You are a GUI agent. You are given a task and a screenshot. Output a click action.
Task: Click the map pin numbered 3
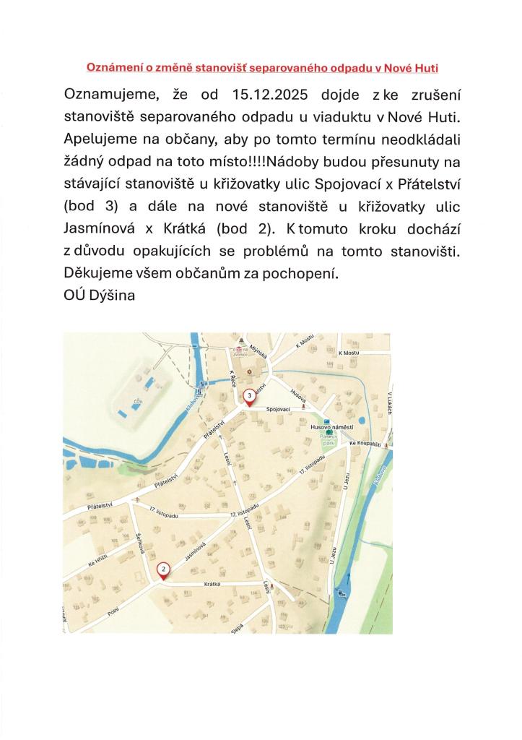[249, 396]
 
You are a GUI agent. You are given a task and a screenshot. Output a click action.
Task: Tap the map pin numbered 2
[164, 569]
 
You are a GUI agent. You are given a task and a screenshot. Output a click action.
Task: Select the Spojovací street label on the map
[278, 409]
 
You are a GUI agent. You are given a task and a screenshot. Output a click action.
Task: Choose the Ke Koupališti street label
[363, 443]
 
